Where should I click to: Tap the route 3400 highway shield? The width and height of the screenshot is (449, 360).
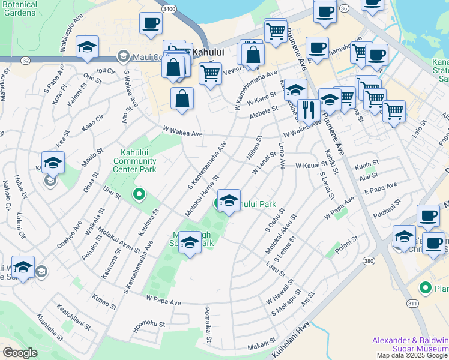[169, 9]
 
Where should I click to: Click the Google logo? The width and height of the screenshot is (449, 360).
[20, 353]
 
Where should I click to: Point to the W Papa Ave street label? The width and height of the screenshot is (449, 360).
[163, 299]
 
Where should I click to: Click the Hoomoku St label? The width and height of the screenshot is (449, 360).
[149, 324]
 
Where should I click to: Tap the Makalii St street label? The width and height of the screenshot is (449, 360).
[262, 347]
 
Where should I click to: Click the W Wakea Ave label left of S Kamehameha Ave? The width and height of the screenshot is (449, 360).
[182, 131]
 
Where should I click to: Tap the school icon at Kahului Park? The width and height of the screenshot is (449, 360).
[229, 201]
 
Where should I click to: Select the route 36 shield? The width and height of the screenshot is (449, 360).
[343, 9]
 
